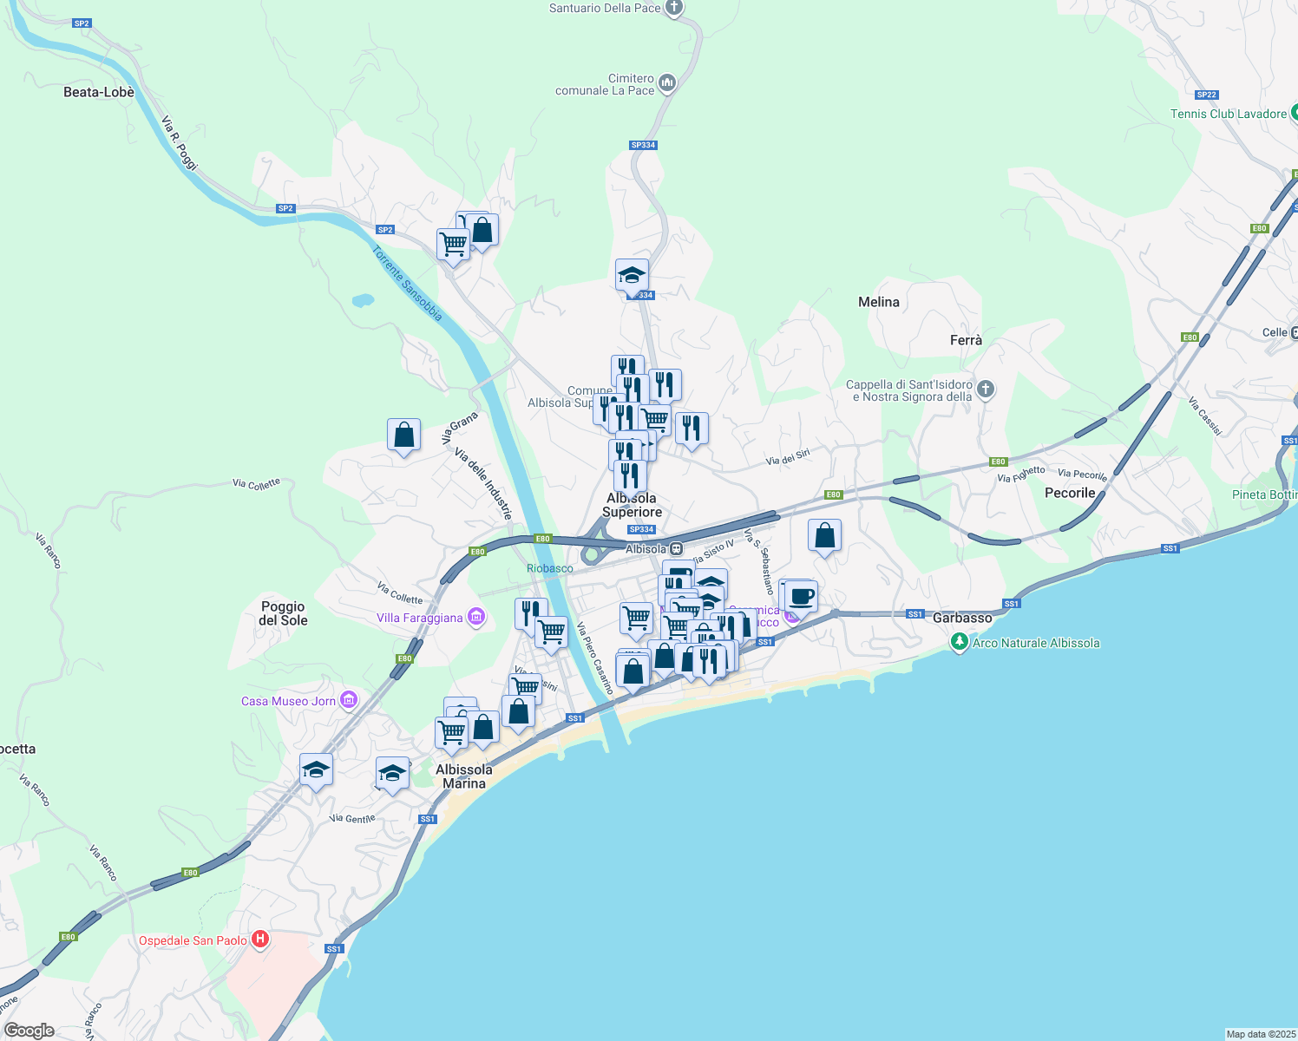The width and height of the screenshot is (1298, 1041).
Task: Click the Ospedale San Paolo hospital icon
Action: click(x=259, y=940)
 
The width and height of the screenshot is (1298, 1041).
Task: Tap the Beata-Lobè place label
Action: click(x=99, y=92)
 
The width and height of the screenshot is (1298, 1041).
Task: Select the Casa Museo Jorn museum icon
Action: click(x=349, y=700)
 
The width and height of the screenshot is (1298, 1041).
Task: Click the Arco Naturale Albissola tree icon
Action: click(x=959, y=642)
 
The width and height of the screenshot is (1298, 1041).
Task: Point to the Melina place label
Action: click(x=879, y=302)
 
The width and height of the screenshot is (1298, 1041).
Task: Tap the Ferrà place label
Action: click(x=966, y=340)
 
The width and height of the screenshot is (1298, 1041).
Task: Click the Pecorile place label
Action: click(x=1070, y=493)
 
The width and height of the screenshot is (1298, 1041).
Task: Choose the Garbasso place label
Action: click(x=962, y=618)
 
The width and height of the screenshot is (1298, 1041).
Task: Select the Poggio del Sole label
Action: click(x=283, y=613)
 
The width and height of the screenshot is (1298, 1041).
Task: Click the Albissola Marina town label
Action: click(x=464, y=776)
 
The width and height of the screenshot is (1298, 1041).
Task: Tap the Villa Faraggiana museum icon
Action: click(x=475, y=617)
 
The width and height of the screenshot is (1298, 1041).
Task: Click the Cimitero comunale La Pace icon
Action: click(x=667, y=83)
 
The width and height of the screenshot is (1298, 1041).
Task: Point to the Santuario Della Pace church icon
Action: click(x=674, y=8)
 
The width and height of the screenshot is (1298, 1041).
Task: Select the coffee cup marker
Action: click(x=802, y=597)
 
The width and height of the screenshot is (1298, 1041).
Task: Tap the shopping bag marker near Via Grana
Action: click(x=404, y=434)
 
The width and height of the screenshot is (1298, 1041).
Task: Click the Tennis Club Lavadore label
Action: click(x=1229, y=114)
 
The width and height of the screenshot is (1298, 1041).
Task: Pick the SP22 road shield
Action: click(x=1206, y=95)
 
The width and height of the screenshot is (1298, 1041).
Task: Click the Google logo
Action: click(x=29, y=1031)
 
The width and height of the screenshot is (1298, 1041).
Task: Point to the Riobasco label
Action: click(x=550, y=568)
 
